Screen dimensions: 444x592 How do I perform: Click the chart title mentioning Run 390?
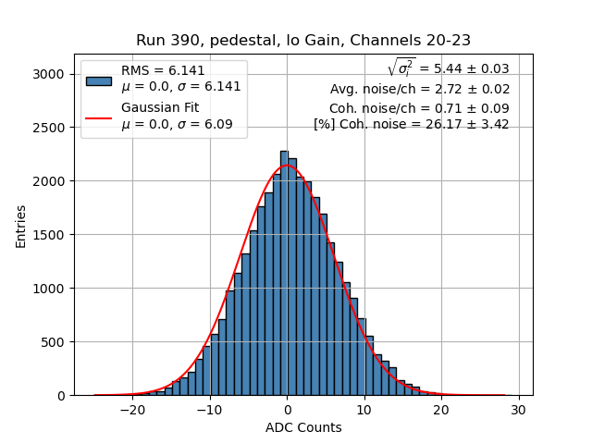(303, 41)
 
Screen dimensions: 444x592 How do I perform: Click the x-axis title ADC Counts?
(303, 427)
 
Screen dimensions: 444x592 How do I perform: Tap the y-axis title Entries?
(20, 226)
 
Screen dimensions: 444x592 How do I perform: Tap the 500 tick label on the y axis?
(54, 342)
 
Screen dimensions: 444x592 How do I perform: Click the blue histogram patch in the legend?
(99, 80)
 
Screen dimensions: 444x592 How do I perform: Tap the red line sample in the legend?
(99, 117)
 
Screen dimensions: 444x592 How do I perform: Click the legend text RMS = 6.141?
(163, 71)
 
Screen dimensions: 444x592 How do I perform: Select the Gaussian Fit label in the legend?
(160, 108)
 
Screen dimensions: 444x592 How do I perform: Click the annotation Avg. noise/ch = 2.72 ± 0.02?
(420, 90)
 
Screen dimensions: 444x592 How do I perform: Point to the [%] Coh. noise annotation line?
(412, 124)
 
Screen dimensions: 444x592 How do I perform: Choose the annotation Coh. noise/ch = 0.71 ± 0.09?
(419, 108)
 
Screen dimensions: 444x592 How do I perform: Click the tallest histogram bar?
(284, 273)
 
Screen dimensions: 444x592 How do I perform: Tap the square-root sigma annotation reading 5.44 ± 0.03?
(448, 68)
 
